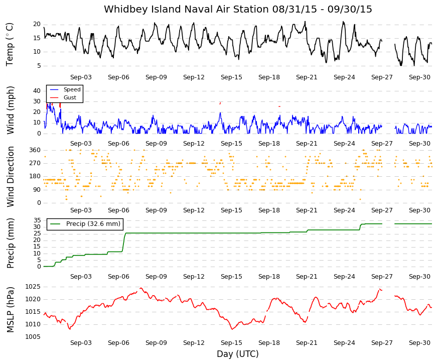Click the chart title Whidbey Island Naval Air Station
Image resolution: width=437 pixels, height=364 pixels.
pos(186,9)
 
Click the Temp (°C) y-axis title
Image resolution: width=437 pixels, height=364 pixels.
pos(10,44)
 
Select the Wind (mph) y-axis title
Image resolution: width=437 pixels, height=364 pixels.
pos(10,110)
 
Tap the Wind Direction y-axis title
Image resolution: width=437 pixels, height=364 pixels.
pos(11,177)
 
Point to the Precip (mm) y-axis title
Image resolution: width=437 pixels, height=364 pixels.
pos(11,243)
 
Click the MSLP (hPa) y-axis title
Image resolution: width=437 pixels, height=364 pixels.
pos(11,310)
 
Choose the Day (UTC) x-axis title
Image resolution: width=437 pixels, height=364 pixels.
pos(238,354)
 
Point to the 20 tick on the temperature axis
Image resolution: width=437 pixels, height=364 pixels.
pos(37,24)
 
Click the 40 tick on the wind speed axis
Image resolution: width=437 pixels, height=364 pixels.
pos(37,91)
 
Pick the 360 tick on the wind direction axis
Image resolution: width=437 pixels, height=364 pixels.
pos(35,150)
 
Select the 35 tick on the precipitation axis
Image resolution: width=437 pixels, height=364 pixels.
pos(37,220)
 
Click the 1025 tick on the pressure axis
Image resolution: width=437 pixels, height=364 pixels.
pos(33,287)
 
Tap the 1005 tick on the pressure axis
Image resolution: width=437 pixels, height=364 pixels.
pos(33,337)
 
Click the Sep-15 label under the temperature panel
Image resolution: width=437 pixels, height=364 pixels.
pos(231,77)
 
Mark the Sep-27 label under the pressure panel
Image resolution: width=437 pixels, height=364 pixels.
pos(382,343)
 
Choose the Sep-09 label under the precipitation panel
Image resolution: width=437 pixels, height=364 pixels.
pos(156,277)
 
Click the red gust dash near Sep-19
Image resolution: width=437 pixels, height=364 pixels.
pos(279,106)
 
